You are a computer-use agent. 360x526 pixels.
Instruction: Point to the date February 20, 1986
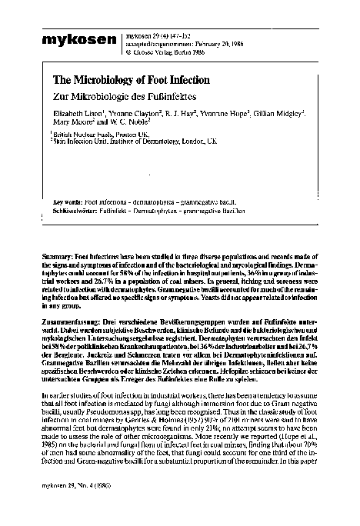tap(195, 45)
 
